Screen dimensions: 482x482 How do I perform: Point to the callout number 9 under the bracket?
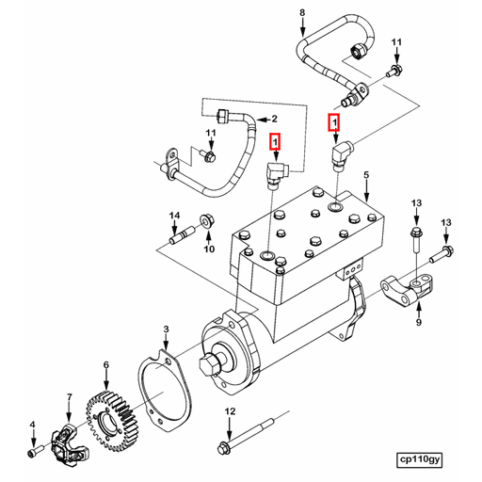click(419, 322)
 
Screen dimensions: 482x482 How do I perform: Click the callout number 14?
click(173, 217)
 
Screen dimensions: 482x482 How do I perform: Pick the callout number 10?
click(209, 249)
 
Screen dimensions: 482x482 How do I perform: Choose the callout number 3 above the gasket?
click(166, 329)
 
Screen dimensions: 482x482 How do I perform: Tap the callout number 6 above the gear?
click(106, 364)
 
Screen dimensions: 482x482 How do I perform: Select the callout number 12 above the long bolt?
click(229, 412)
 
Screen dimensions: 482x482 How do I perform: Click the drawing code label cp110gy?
click(418, 459)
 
